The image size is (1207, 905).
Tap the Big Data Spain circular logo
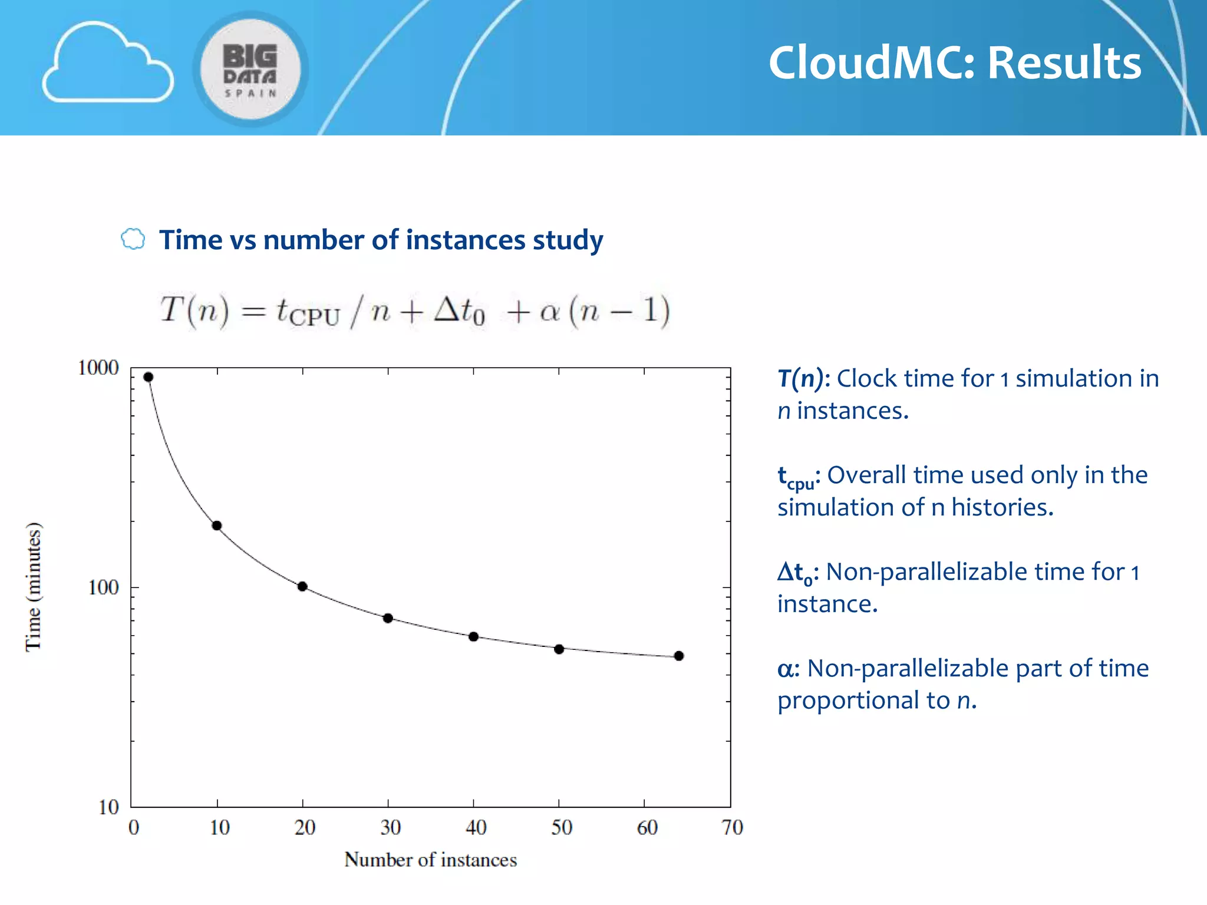[250, 70]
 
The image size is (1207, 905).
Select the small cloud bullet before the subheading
[133, 239]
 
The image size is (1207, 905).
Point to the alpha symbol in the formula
[549, 312]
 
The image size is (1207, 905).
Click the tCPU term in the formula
[308, 312]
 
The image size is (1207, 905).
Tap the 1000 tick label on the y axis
[98, 368]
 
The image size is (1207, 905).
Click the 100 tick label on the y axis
[103, 587]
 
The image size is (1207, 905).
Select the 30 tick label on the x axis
[390, 827]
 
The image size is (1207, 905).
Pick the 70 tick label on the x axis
[732, 827]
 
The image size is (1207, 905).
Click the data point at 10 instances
[217, 526]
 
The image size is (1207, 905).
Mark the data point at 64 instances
[679, 656]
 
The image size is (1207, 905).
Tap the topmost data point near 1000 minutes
[149, 377]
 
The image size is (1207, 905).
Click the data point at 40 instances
[473, 637]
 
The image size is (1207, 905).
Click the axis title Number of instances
[430, 860]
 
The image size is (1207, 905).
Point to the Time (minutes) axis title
[34, 587]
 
